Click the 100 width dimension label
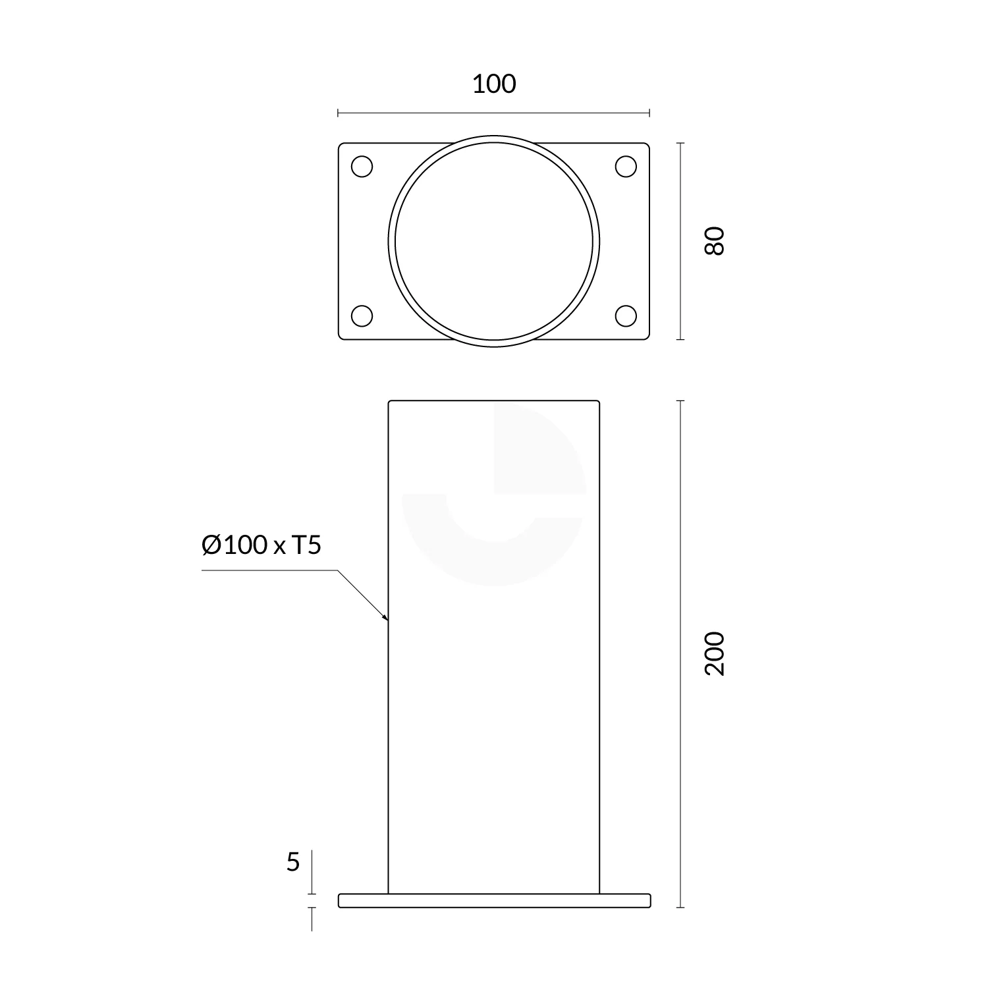click(494, 84)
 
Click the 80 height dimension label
click(714, 240)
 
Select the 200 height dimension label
click(714, 653)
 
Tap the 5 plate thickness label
click(293, 862)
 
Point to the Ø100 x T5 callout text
click(261, 545)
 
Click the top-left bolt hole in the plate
click(362, 167)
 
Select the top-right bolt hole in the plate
click(626, 167)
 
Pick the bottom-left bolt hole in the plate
click(362, 316)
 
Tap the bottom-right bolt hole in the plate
click(626, 316)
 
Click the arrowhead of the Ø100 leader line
click(386, 618)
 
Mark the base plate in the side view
click(494, 900)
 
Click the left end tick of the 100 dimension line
click(338, 113)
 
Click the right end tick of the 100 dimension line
click(649, 113)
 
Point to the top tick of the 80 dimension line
click(680, 143)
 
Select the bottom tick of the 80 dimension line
click(680, 340)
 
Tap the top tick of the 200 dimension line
click(680, 400)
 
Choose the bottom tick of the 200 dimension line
click(680, 907)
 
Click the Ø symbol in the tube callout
click(211, 545)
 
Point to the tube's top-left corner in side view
click(389, 401)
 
